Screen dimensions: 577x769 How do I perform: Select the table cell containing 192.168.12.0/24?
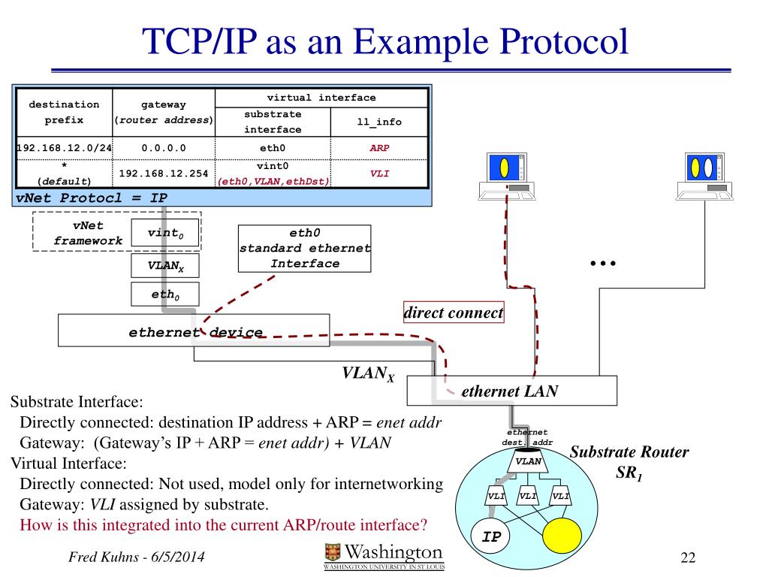tap(64, 148)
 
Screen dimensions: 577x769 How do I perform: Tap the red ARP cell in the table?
tap(379, 148)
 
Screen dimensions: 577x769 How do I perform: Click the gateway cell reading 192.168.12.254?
tap(164, 174)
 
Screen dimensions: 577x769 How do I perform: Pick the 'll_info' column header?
tap(379, 122)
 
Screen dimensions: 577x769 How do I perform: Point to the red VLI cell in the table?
tap(379, 174)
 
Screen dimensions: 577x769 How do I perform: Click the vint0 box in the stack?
tap(165, 234)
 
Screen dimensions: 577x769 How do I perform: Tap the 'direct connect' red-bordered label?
tap(454, 313)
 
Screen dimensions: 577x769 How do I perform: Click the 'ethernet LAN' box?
tap(511, 391)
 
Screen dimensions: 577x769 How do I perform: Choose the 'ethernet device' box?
tap(194, 331)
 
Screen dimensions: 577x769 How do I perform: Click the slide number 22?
tap(688, 557)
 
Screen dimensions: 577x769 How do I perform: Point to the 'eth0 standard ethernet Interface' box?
tap(304, 248)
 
